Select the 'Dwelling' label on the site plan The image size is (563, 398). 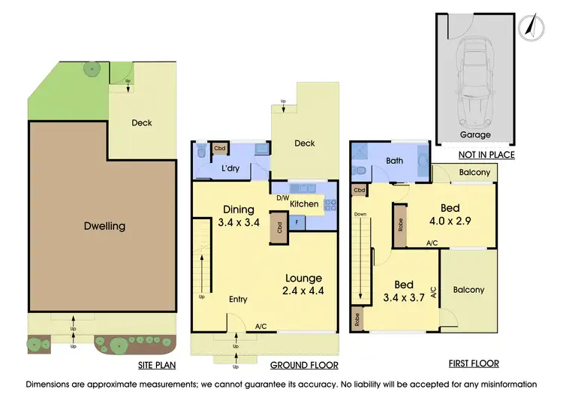[105, 225]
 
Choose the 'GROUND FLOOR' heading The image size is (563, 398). [304, 365]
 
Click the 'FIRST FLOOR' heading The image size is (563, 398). [473, 363]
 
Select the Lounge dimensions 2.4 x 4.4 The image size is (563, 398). [303, 291]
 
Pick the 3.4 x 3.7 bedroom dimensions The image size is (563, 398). [404, 298]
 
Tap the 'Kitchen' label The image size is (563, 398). [304, 204]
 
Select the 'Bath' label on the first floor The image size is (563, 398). [394, 161]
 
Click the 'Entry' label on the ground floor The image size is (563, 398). [238, 300]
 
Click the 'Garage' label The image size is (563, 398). [474, 135]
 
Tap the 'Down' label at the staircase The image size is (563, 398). [360, 214]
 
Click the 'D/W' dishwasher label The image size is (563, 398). [283, 198]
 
